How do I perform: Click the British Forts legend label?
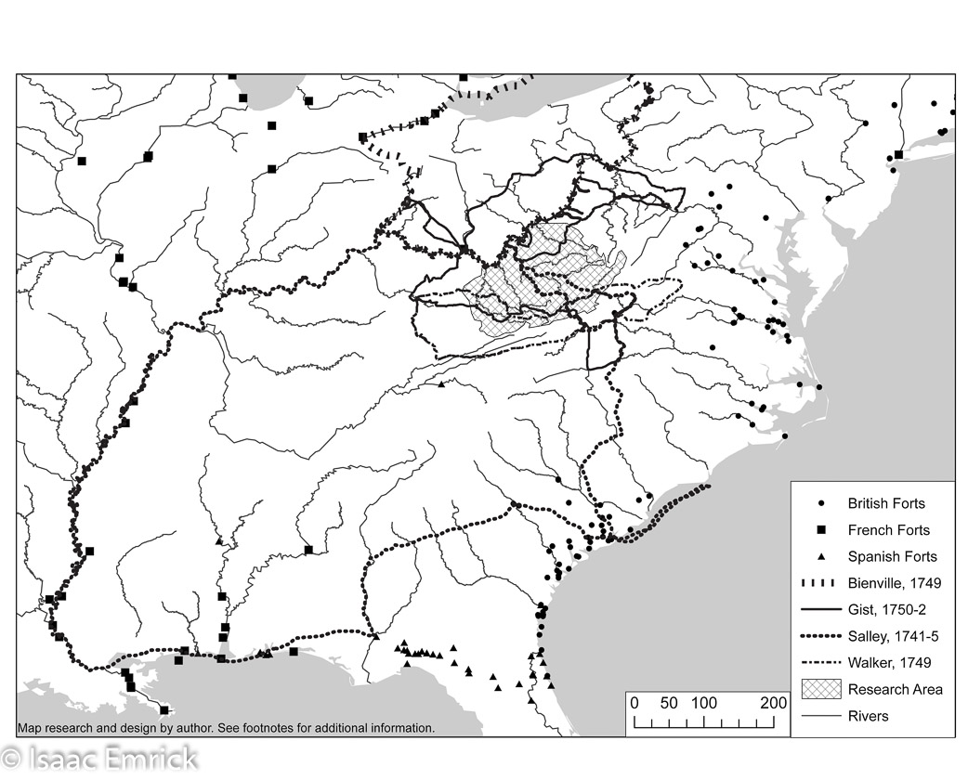point(885,504)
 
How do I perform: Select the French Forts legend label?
point(887,531)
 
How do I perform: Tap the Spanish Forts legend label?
point(892,557)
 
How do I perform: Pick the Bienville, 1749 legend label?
point(894,584)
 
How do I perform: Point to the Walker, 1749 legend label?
point(888,663)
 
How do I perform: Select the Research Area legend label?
point(895,689)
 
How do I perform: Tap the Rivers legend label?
point(868,716)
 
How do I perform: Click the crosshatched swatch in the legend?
point(820,689)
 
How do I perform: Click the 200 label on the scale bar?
point(773,703)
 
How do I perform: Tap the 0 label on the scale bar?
point(634,703)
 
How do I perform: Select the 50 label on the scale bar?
point(669,703)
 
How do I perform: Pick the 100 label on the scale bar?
point(703,703)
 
